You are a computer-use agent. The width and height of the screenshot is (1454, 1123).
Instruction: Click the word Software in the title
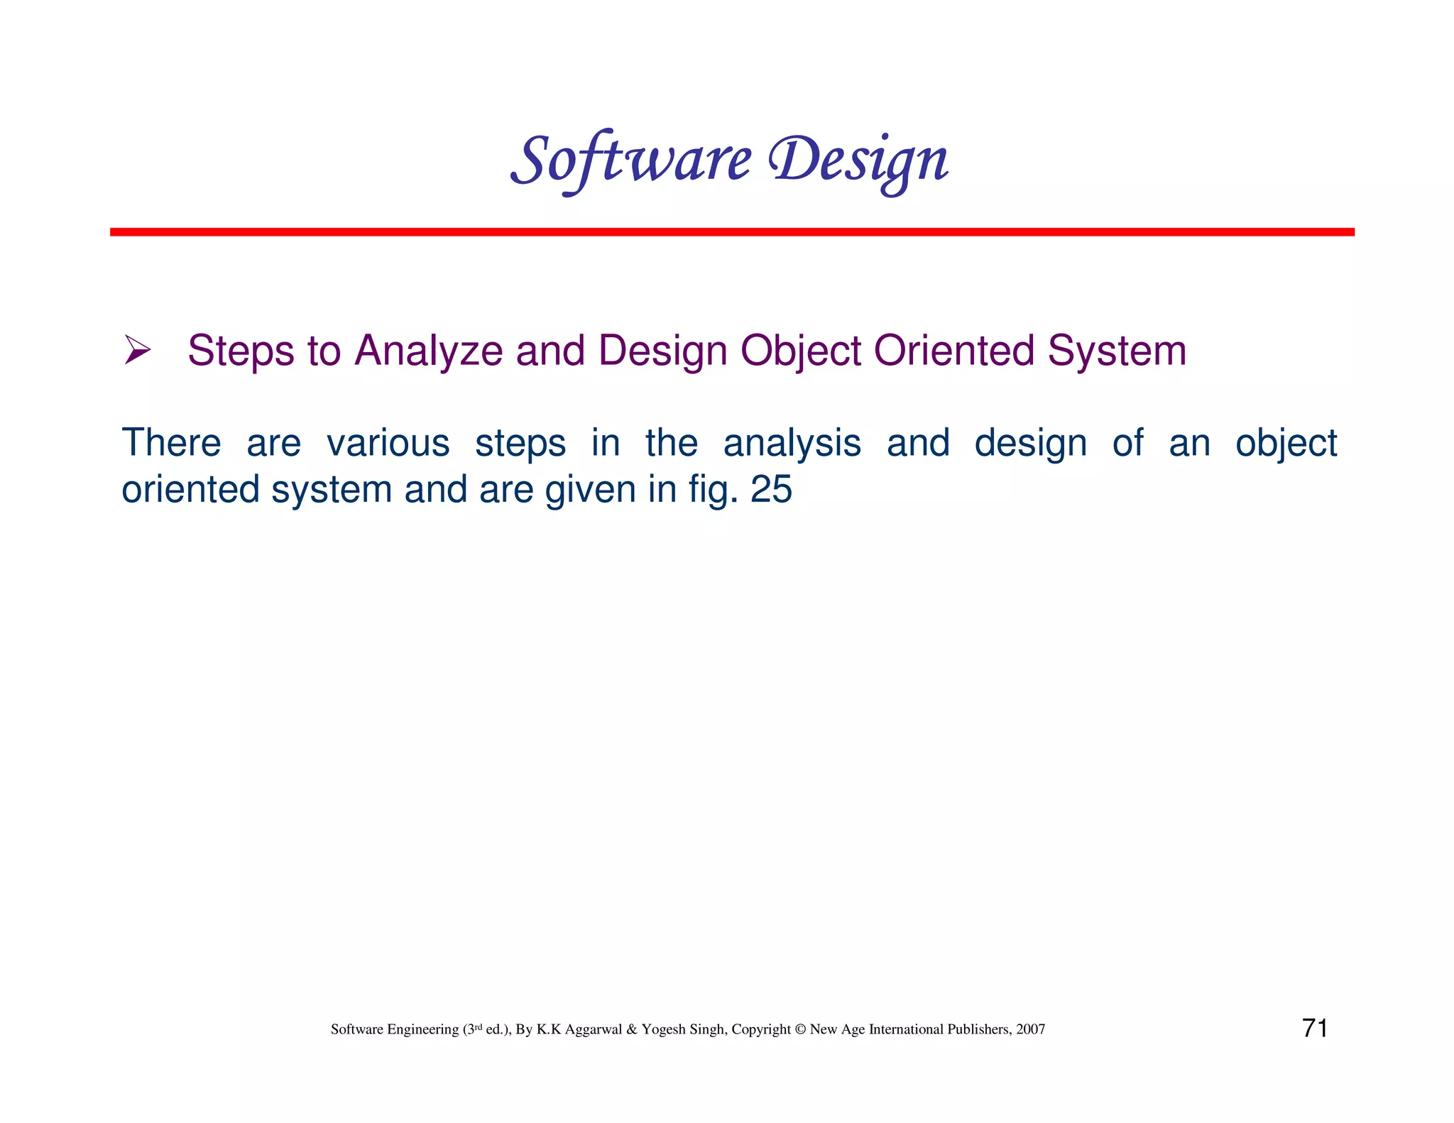630,160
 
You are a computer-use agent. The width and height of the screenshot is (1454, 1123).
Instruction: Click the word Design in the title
859,160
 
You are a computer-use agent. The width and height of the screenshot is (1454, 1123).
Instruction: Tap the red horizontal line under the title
731,232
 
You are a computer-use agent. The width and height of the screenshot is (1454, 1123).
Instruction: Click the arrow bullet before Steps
137,350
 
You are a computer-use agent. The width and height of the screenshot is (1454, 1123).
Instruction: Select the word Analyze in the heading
429,351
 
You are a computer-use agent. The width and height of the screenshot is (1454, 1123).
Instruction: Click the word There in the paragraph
171,443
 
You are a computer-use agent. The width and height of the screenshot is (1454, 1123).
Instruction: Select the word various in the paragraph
388,443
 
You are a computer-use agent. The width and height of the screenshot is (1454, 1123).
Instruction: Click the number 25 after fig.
771,490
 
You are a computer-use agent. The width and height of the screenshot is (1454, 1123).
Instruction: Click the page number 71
1315,1028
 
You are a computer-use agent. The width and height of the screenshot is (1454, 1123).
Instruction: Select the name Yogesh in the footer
661,1030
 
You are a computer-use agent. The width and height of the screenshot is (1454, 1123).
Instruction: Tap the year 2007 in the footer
1030,1029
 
